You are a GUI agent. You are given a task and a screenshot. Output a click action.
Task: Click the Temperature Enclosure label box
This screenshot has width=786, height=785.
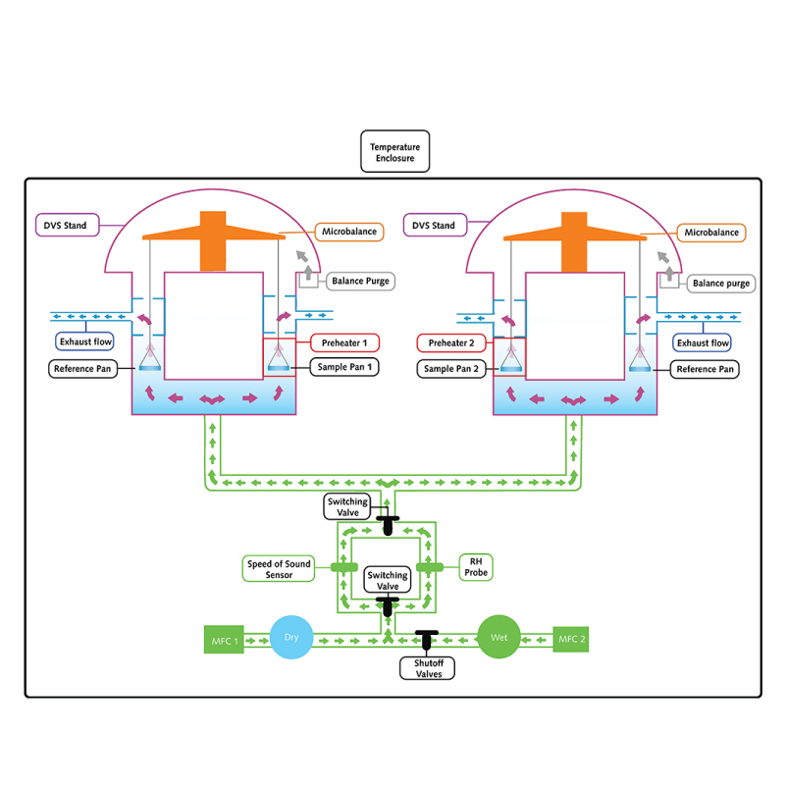pos(394,153)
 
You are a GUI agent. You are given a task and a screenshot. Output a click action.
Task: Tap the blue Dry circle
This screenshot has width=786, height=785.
pos(290,638)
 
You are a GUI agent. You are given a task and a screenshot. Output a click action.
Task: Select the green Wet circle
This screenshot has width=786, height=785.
pos(498,638)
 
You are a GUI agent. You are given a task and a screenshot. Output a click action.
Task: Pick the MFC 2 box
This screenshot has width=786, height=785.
pos(572,639)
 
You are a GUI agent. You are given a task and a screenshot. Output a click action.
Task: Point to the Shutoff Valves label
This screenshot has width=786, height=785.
pos(427,667)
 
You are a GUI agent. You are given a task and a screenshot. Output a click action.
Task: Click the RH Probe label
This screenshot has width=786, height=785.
pos(476,566)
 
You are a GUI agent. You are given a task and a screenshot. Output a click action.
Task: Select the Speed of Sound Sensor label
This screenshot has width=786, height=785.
pos(279,568)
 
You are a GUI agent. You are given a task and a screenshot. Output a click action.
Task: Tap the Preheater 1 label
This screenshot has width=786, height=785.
pos(344,342)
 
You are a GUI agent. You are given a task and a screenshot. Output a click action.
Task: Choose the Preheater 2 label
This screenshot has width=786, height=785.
pos(452,342)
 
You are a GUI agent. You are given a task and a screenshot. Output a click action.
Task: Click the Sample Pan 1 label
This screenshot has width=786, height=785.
pos(344,366)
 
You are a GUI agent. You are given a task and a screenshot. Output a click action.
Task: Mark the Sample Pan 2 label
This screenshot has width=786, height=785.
pos(452,368)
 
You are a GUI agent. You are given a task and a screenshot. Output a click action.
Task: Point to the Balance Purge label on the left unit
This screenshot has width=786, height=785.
pos(360,281)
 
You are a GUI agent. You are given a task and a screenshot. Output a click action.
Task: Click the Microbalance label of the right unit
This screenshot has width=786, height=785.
pos(711,233)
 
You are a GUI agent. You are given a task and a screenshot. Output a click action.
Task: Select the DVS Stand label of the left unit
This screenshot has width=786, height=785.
pos(66,226)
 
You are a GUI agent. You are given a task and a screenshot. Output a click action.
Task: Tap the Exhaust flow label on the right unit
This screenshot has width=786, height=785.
pos(703,342)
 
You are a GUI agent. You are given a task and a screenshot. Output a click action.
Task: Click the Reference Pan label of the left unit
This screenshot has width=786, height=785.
pos(83,369)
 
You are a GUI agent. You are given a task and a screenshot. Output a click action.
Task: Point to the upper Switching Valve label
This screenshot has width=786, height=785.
pos(347,507)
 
